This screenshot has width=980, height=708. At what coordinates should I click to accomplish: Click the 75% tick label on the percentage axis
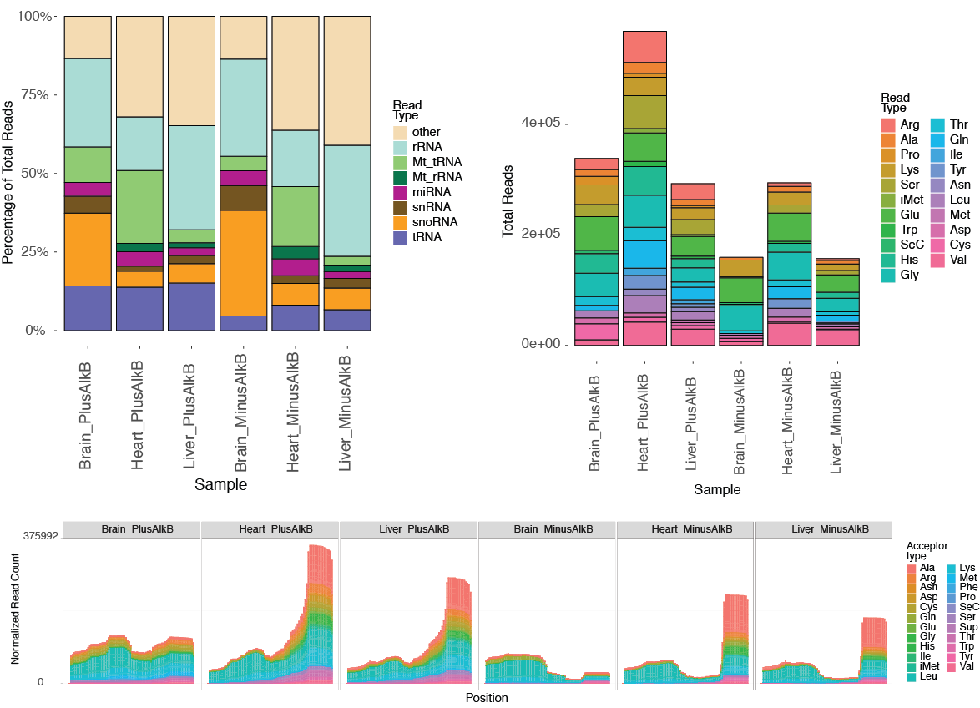pyautogui.click(x=34, y=95)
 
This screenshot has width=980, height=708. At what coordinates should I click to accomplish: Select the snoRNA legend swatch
pyautogui.click(x=402, y=223)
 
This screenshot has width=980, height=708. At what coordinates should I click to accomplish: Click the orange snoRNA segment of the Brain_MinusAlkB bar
pyautogui.click(x=244, y=262)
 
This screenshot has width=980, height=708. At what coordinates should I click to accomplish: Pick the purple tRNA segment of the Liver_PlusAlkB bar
pyautogui.click(x=192, y=306)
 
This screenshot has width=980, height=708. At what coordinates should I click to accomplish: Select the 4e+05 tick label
pyautogui.click(x=539, y=123)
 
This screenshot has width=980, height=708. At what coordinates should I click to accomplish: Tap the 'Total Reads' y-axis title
pyautogui.click(x=508, y=201)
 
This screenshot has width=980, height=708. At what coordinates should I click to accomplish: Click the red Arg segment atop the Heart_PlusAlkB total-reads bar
pyautogui.click(x=644, y=46)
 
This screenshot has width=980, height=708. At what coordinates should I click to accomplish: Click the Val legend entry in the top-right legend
pyautogui.click(x=958, y=260)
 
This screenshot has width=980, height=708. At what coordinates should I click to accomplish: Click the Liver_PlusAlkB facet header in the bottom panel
pyautogui.click(x=409, y=529)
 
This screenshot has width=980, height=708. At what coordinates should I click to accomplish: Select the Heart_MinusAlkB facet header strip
pyautogui.click(x=684, y=529)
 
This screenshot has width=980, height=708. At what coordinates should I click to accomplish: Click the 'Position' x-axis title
pyautogui.click(x=486, y=698)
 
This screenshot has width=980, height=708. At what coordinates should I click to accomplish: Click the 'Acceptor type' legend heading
pyautogui.click(x=927, y=550)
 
